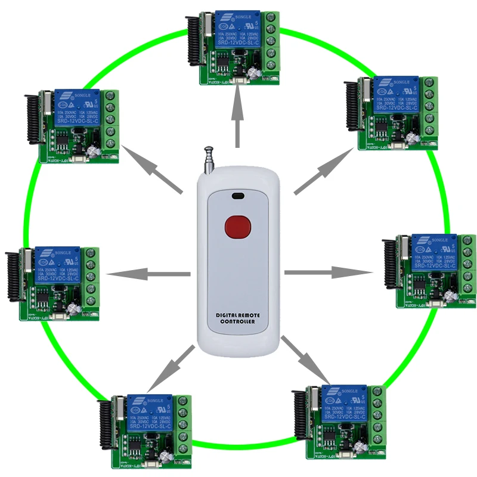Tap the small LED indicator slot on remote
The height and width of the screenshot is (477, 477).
pyautogui.click(x=238, y=195)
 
